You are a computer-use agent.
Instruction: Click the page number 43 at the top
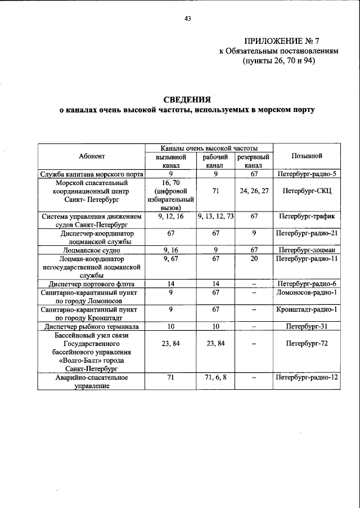point(188,19)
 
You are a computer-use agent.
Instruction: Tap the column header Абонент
point(92,156)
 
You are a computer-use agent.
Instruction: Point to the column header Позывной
point(307,156)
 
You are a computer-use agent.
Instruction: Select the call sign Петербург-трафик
point(307,215)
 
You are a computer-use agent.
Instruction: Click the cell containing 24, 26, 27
point(254,191)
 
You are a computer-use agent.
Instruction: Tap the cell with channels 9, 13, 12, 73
point(215,215)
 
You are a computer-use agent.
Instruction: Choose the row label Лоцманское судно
point(92,249)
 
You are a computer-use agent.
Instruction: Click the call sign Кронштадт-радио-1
point(307,309)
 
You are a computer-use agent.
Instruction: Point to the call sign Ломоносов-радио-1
point(307,293)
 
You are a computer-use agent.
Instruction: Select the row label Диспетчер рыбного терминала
point(92,326)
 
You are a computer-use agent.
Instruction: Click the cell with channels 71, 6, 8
point(215,378)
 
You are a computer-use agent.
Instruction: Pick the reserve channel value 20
point(254,258)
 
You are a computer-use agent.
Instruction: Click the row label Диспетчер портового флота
point(92,284)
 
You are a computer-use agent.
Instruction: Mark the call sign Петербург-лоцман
point(307,249)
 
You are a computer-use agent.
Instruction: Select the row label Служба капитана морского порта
point(92,174)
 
